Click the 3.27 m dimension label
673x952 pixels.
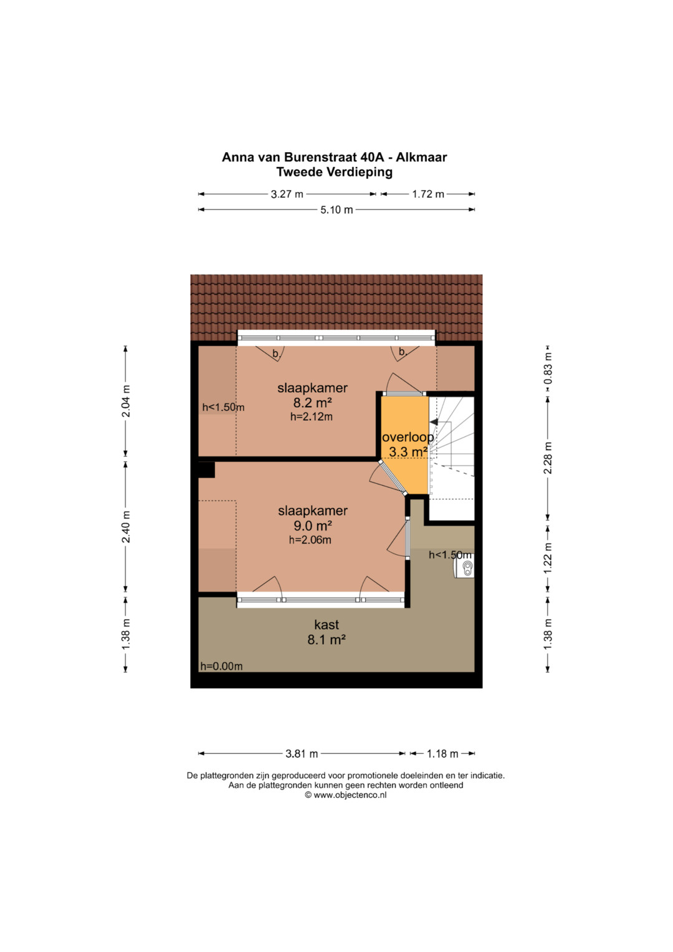click(x=287, y=195)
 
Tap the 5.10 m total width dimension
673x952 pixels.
click(x=336, y=210)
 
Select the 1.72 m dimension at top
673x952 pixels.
click(x=428, y=195)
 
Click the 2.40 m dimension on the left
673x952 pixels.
click(x=126, y=527)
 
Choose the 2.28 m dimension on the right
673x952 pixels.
click(x=548, y=458)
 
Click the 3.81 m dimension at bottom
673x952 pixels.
click(x=302, y=754)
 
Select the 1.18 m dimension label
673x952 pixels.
click(x=442, y=754)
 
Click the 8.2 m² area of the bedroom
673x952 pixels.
click(x=312, y=403)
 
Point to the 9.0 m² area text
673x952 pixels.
click(x=313, y=526)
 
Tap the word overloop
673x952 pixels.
click(x=408, y=437)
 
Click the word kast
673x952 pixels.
click(x=327, y=624)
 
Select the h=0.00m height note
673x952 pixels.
click(x=221, y=666)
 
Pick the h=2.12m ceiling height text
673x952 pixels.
click(x=312, y=417)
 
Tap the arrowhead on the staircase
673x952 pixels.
click(x=434, y=422)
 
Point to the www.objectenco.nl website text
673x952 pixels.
click(x=350, y=795)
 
